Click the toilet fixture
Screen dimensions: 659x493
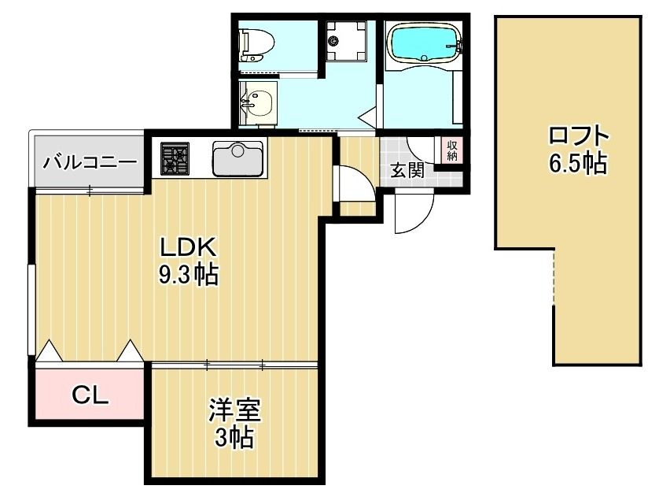256,43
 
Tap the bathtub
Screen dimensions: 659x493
425,44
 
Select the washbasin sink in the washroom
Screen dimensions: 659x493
257,103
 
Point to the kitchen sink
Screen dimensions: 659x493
238,158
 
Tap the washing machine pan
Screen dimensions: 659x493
346,40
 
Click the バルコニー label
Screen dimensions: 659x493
90,161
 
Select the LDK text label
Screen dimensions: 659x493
188,248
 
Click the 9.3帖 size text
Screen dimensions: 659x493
188,276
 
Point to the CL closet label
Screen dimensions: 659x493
90,395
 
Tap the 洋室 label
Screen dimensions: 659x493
235,410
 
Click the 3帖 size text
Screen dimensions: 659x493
234,438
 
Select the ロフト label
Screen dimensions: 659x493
579,135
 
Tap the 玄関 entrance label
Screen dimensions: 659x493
407,171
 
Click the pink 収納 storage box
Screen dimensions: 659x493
452,150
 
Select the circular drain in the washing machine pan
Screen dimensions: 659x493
333,41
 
